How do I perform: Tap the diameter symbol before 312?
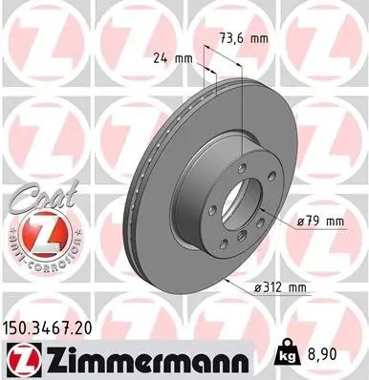tap(256, 286)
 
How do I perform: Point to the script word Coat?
tap(36, 199)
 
